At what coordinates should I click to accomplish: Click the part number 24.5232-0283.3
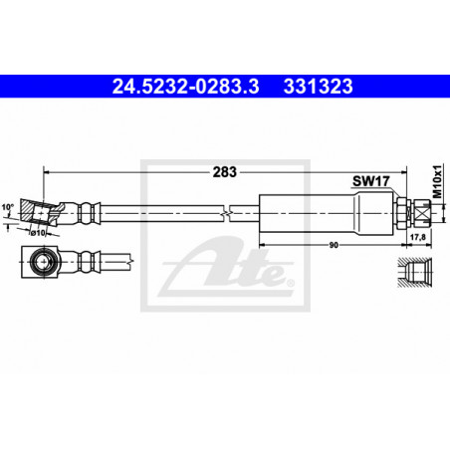(185, 87)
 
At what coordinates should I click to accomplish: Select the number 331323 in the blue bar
(318, 87)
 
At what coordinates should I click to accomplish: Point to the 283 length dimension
(225, 172)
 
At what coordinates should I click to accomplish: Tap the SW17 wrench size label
(370, 181)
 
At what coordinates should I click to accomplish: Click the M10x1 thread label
(438, 181)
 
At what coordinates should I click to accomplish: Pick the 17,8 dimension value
(418, 237)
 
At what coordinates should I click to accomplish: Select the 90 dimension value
(334, 245)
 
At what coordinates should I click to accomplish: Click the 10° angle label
(8, 207)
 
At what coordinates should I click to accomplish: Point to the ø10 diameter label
(38, 233)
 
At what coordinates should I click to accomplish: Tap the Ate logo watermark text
(228, 267)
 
